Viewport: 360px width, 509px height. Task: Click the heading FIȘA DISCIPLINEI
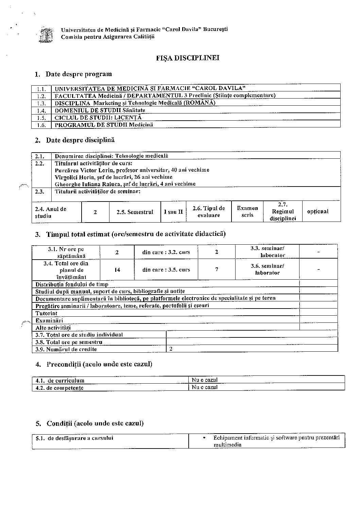pos(188,58)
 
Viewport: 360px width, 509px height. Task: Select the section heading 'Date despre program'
pos(79,74)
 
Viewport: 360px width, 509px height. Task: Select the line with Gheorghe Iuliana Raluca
pos(125,184)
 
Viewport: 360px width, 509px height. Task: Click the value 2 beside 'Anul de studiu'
pos(95,212)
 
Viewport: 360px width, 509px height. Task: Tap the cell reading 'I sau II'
pos(173,212)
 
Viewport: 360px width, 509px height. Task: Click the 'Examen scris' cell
pos(247,212)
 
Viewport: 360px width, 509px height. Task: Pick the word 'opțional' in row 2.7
pos(318,212)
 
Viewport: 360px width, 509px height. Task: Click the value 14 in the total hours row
pos(117,270)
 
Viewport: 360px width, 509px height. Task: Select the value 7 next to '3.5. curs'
pos(217,269)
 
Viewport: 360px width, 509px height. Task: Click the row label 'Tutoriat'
pos(47,313)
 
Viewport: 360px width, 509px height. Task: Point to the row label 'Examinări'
pos(49,320)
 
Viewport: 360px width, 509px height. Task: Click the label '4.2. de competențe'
pos(60,388)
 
